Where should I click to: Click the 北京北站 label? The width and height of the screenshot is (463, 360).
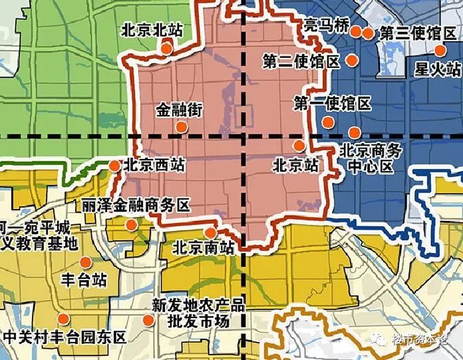point(152,30)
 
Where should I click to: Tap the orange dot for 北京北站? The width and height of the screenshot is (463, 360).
point(166,47)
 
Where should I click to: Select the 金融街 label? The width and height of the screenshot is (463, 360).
point(179,109)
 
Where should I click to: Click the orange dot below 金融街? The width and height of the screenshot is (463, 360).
point(180,126)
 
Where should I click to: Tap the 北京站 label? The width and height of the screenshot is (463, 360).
point(295,163)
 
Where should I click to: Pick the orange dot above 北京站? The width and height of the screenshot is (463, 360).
point(299,145)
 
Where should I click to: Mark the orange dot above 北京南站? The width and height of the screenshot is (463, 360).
point(210,232)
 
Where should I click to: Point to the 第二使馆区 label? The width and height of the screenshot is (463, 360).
point(301,62)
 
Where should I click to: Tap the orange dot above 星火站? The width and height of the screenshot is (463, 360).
point(440,51)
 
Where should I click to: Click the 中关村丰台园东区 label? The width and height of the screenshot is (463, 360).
point(65,337)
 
